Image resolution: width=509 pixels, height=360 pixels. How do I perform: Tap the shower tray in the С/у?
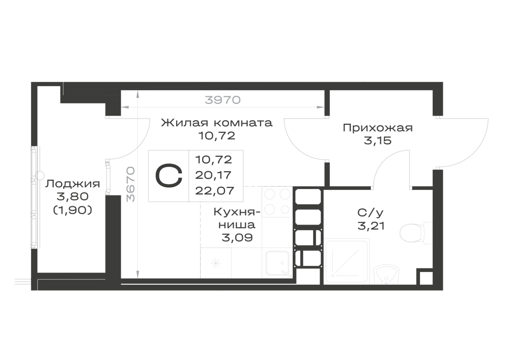pos(347,261)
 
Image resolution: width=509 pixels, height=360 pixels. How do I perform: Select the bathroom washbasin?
pos(386,275)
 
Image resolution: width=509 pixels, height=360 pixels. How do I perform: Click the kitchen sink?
pos(277,264)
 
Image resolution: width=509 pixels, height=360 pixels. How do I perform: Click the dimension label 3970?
pos(223,100)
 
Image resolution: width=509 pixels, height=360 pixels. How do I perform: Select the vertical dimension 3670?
pos(130,184)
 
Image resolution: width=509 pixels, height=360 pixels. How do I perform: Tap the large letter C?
pos(169,176)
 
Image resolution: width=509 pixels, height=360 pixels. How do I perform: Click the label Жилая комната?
pos(217,123)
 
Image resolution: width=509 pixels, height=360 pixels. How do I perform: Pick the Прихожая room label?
pos(378,128)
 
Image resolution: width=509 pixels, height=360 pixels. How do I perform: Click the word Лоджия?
pos(73,184)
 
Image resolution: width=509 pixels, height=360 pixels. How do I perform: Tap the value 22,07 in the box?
pos(215,190)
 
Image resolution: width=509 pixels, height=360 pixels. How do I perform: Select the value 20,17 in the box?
pos(214,175)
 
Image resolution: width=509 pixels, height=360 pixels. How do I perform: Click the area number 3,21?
pos(371,226)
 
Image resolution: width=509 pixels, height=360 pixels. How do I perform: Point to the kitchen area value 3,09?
pos(237,238)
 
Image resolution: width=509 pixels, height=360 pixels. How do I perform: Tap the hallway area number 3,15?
pos(378,141)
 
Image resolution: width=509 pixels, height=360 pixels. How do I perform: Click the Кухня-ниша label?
pos(237,218)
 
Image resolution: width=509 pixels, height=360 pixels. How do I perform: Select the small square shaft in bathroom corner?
pos(425,278)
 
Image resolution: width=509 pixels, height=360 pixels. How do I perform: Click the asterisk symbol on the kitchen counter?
pos(215,263)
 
